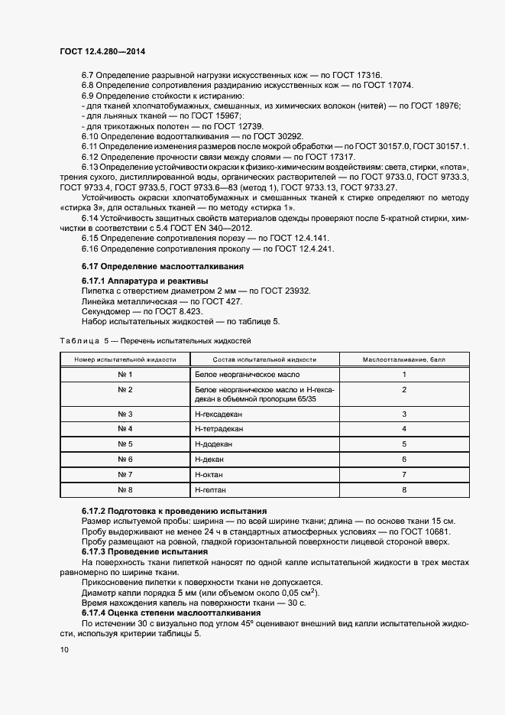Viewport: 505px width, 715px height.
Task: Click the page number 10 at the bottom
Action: pos(63,649)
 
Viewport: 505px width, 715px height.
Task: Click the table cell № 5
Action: pos(125,444)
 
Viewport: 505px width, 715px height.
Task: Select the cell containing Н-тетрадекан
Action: pos(219,428)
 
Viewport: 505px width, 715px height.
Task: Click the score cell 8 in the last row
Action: pos(403,489)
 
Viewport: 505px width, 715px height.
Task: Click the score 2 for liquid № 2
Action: pos(403,390)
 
